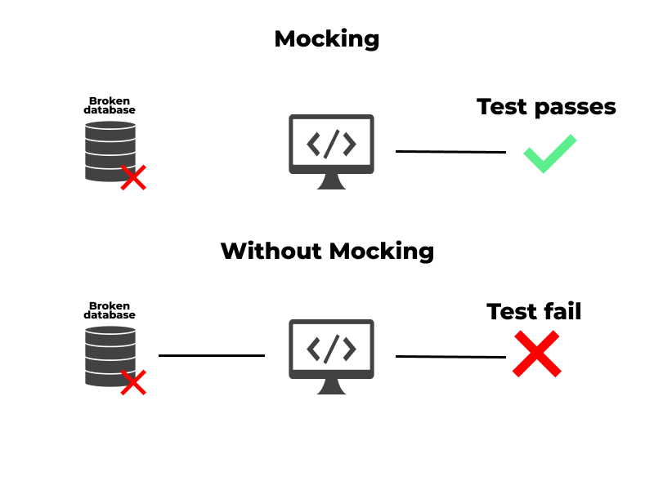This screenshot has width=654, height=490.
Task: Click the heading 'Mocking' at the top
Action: [327, 38]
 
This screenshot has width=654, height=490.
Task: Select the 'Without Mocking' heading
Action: [327, 250]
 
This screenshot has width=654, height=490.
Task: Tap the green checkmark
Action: [549, 154]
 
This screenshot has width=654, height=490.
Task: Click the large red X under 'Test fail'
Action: [536, 354]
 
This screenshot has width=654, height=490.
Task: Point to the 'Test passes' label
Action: [546, 107]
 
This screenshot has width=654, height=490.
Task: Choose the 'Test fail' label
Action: [534, 311]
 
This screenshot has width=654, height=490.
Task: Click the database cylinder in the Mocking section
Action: [109, 151]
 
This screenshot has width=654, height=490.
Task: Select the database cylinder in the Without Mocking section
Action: [109, 356]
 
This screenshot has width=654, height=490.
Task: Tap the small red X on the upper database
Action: [133, 177]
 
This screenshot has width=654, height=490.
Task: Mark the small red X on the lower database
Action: [133, 381]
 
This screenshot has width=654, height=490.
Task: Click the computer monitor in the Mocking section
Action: [331, 145]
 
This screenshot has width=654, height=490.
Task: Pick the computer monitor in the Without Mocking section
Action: [331, 350]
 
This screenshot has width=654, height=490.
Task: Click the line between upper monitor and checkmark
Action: [450, 152]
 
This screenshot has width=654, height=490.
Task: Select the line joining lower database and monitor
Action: [212, 355]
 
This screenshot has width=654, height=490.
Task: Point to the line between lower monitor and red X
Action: [450, 356]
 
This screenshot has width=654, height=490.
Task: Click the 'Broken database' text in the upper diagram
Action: [110, 105]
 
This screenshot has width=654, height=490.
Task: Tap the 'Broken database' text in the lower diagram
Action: [110, 310]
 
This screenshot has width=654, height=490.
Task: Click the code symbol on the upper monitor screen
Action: [331, 144]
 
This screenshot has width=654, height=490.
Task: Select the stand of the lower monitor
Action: [331, 387]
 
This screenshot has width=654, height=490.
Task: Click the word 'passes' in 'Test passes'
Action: [576, 107]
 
